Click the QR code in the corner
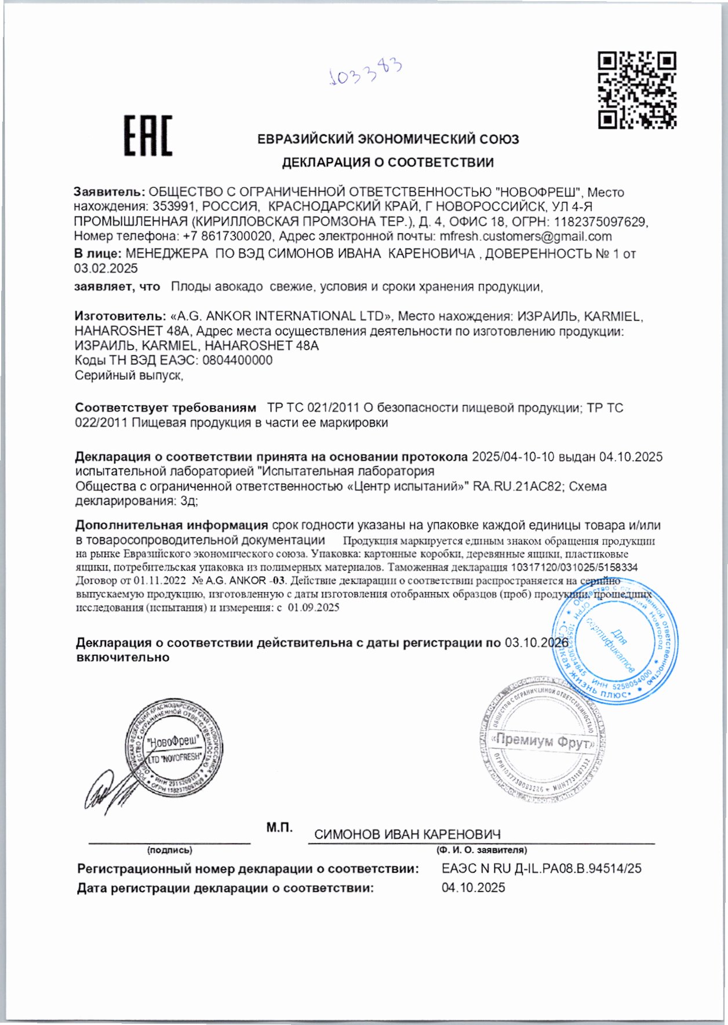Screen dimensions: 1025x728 pyautogui.click(x=637, y=90)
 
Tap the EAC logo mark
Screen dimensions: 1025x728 pyautogui.click(x=148, y=136)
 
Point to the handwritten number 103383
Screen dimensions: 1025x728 pyautogui.click(x=365, y=72)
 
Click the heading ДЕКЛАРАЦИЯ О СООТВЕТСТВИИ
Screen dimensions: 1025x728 pyautogui.click(x=388, y=163)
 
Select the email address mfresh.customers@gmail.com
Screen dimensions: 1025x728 pyautogui.click(x=526, y=236)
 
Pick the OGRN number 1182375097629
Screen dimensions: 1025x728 pyautogui.click(x=600, y=222)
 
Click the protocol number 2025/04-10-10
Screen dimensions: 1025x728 pyautogui.click(x=514, y=457)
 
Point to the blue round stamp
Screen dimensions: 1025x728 pyautogui.click(x=616, y=642)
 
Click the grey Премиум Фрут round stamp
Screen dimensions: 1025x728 pyautogui.click(x=543, y=741)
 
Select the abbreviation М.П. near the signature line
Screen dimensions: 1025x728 pyautogui.click(x=279, y=828)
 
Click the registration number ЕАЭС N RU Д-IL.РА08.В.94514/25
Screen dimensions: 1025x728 pyautogui.click(x=541, y=869)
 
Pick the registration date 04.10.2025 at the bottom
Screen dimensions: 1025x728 pyautogui.click(x=473, y=888)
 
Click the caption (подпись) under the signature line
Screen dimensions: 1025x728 pyautogui.click(x=169, y=850)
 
